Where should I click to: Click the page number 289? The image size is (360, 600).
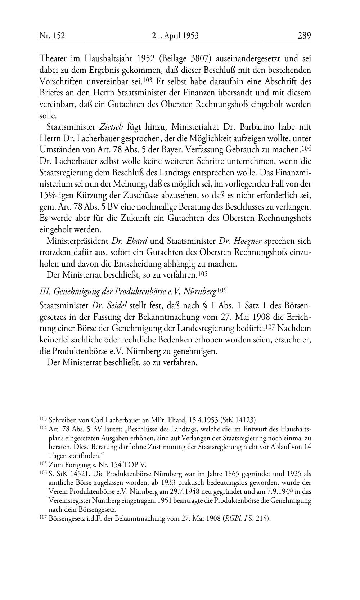pyautogui.click(x=304, y=35)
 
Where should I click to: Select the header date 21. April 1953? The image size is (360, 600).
pyautogui.click(x=175, y=35)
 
